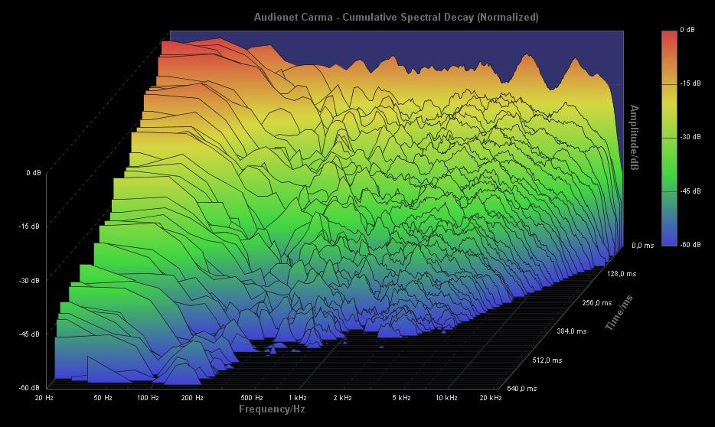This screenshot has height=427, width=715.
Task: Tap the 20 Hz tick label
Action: (x=44, y=398)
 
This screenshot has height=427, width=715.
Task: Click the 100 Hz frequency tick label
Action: (x=148, y=398)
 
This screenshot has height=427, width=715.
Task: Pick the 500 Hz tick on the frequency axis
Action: (x=252, y=398)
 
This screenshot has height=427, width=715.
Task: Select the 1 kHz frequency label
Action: (x=298, y=398)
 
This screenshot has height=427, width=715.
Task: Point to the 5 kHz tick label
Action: (x=402, y=398)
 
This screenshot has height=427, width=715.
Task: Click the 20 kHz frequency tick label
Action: (x=490, y=398)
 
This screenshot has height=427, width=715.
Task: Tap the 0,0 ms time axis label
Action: (x=643, y=246)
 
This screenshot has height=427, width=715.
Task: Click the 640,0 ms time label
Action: (x=522, y=389)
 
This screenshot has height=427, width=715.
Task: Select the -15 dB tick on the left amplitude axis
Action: (x=31, y=227)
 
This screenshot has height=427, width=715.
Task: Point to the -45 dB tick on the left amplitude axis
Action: (x=31, y=334)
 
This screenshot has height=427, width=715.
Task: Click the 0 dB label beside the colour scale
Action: (x=687, y=30)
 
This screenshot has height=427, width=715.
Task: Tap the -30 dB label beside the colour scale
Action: (x=690, y=137)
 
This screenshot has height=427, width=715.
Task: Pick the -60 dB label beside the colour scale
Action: (x=690, y=244)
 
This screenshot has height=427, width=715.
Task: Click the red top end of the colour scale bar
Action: (x=670, y=34)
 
